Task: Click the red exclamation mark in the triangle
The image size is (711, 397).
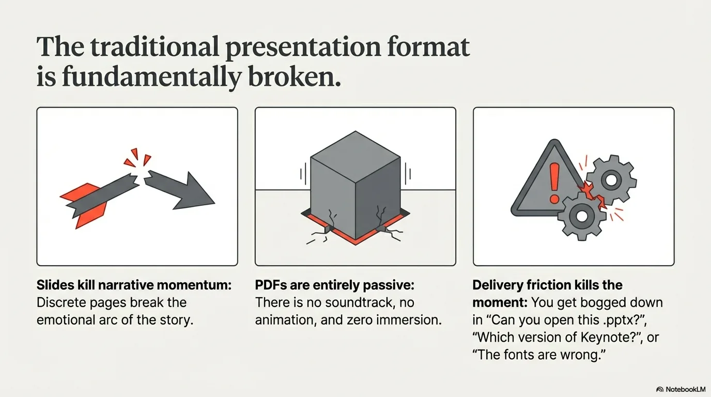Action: (x=554, y=182)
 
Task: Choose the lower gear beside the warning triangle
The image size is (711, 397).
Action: (x=582, y=215)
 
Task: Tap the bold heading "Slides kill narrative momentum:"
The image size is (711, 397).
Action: (x=134, y=285)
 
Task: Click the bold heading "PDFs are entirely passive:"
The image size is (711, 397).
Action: (x=335, y=285)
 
